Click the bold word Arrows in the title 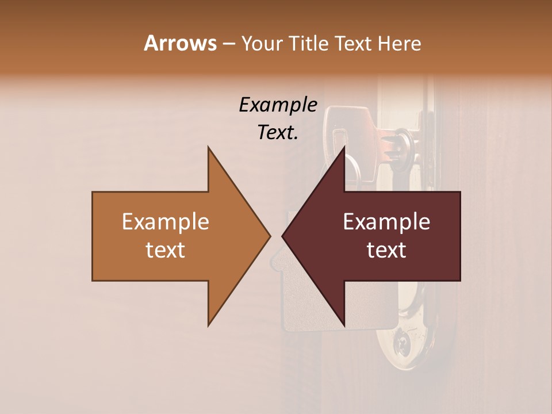(x=180, y=44)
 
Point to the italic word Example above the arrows (x=278, y=105)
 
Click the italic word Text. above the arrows (x=278, y=133)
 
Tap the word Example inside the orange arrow (x=166, y=222)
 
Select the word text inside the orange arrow (x=166, y=250)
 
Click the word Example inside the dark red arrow (x=386, y=222)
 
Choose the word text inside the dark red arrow (x=386, y=250)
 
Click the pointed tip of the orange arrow (x=270, y=236)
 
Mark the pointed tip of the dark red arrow (x=282, y=236)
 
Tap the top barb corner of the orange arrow (x=208, y=147)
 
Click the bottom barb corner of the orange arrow (x=208, y=325)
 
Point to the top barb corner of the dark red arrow (x=344, y=147)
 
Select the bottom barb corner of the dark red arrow (x=344, y=325)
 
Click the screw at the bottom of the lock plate (x=401, y=345)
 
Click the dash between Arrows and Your (x=228, y=44)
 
